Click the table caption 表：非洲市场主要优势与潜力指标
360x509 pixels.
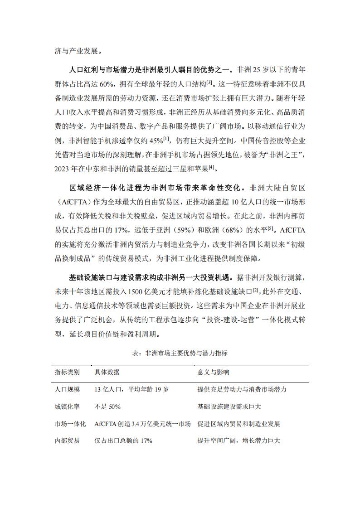pos(180,352)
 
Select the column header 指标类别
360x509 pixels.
pos(67,372)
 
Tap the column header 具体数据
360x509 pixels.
pos(107,372)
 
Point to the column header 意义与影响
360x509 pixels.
pos(213,372)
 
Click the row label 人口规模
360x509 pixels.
pos(67,389)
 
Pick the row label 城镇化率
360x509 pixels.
pos(67,407)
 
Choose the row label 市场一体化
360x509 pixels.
pos(70,424)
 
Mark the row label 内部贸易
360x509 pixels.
pos(67,441)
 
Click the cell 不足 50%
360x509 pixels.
pos(107,407)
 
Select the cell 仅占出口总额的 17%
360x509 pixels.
pos(123,441)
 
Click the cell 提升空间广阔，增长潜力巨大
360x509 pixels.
pos(239,441)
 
